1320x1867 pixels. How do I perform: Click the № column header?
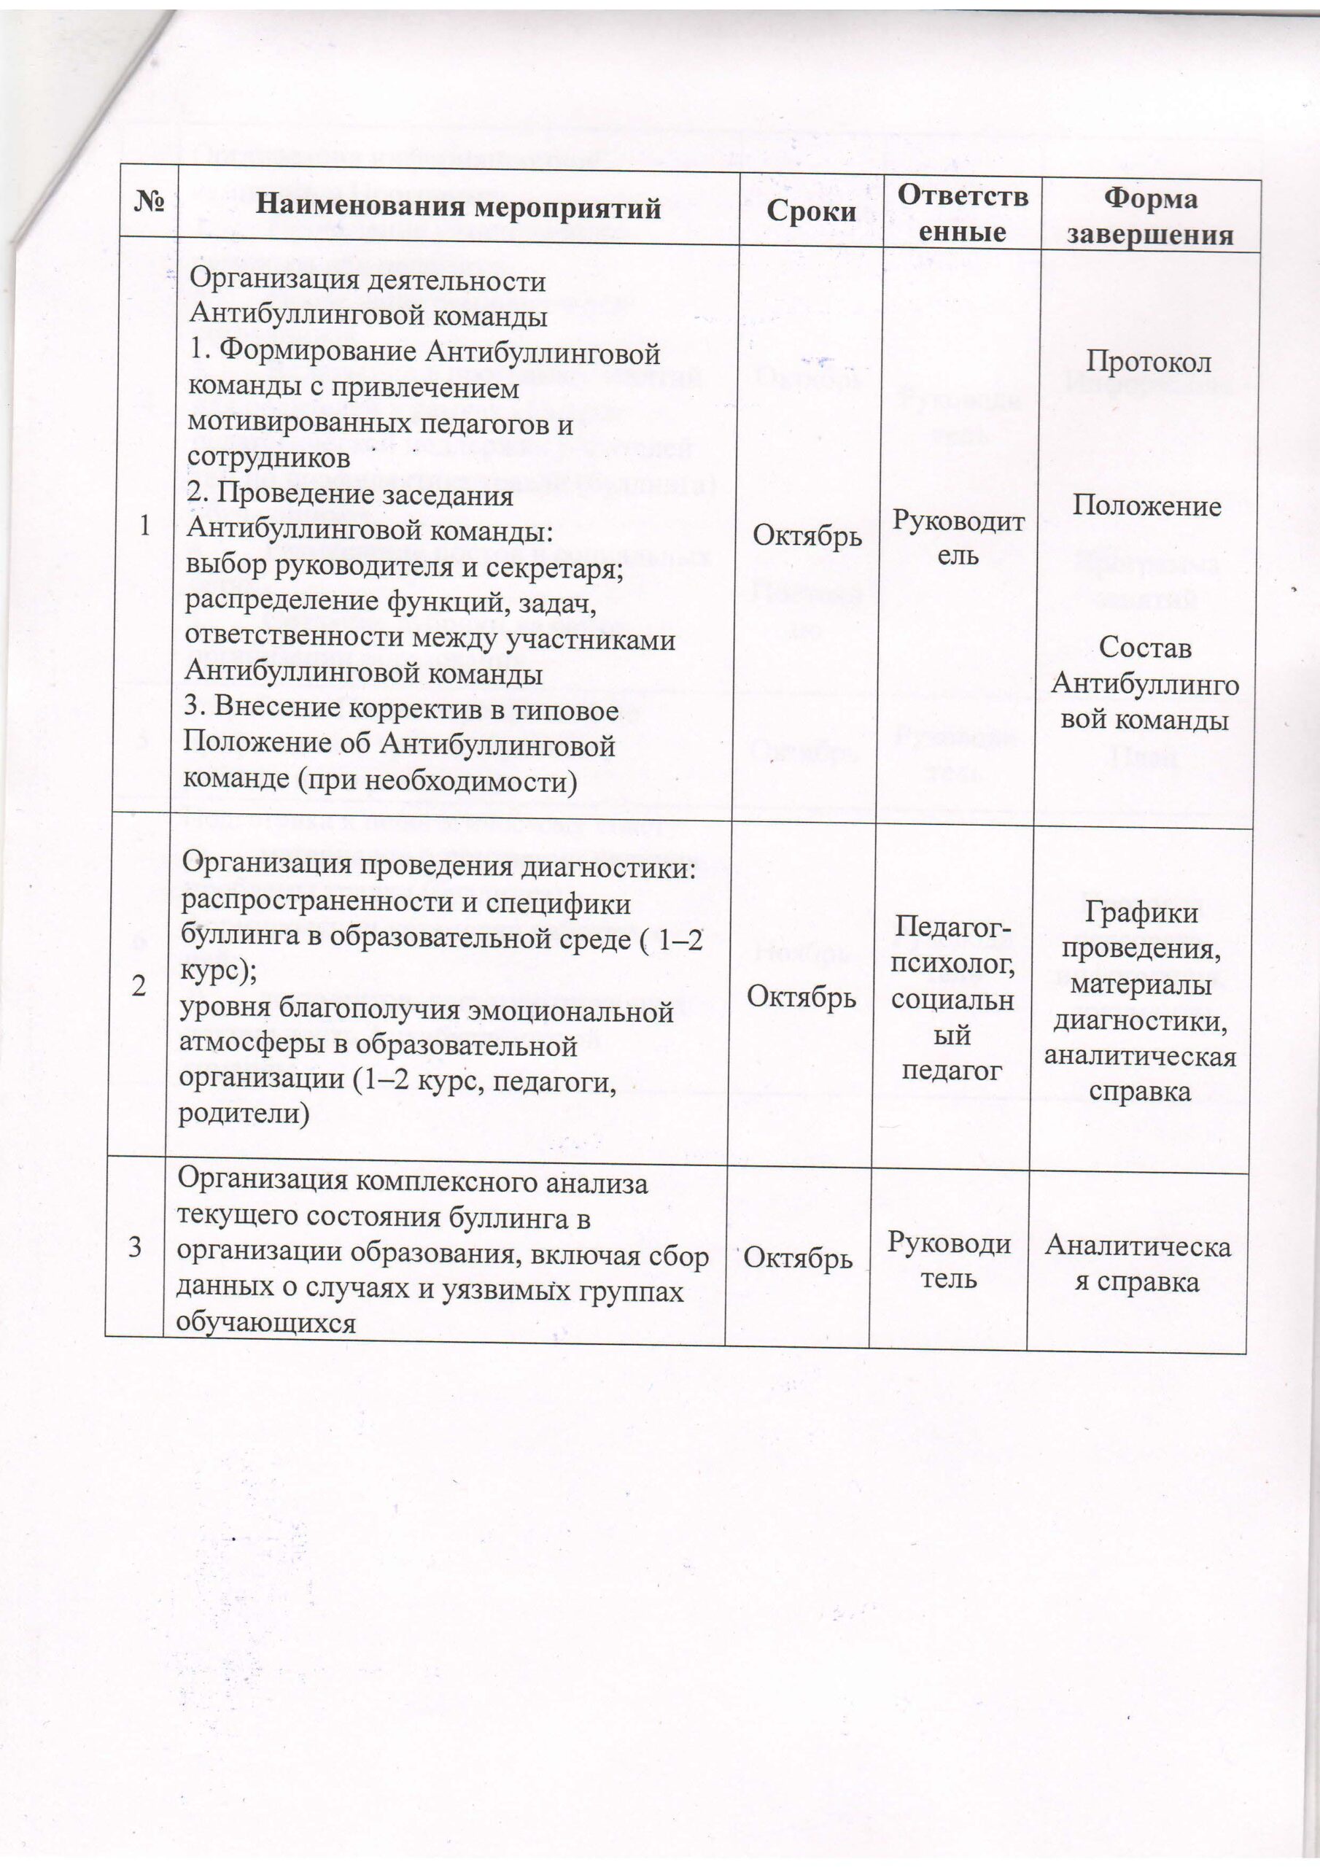click(x=149, y=202)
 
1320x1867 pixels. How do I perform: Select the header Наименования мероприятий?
click(x=458, y=207)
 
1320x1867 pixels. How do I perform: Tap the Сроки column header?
click(x=811, y=211)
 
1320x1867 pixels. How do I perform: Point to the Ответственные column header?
click(x=962, y=214)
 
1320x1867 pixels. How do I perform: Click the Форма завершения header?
click(x=1150, y=217)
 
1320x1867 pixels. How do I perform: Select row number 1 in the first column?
click(x=145, y=526)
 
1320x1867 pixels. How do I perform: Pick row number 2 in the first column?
click(x=139, y=986)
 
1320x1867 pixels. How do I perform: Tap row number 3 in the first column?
click(x=135, y=1246)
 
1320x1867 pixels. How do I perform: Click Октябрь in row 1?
click(x=807, y=535)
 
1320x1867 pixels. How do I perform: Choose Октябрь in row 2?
click(x=801, y=996)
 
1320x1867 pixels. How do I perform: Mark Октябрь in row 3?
click(x=798, y=1258)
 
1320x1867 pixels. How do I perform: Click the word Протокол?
click(x=1149, y=362)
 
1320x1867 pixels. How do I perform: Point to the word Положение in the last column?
click(x=1146, y=506)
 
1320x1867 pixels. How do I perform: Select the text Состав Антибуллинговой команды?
click(x=1144, y=684)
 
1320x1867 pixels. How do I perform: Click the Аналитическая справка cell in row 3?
click(x=1137, y=1264)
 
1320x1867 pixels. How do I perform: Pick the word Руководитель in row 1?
click(x=958, y=537)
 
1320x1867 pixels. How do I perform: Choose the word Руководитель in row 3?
click(x=948, y=1260)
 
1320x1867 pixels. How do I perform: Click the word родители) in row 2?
click(x=244, y=1113)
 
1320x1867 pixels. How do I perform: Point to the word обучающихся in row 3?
click(x=267, y=1323)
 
